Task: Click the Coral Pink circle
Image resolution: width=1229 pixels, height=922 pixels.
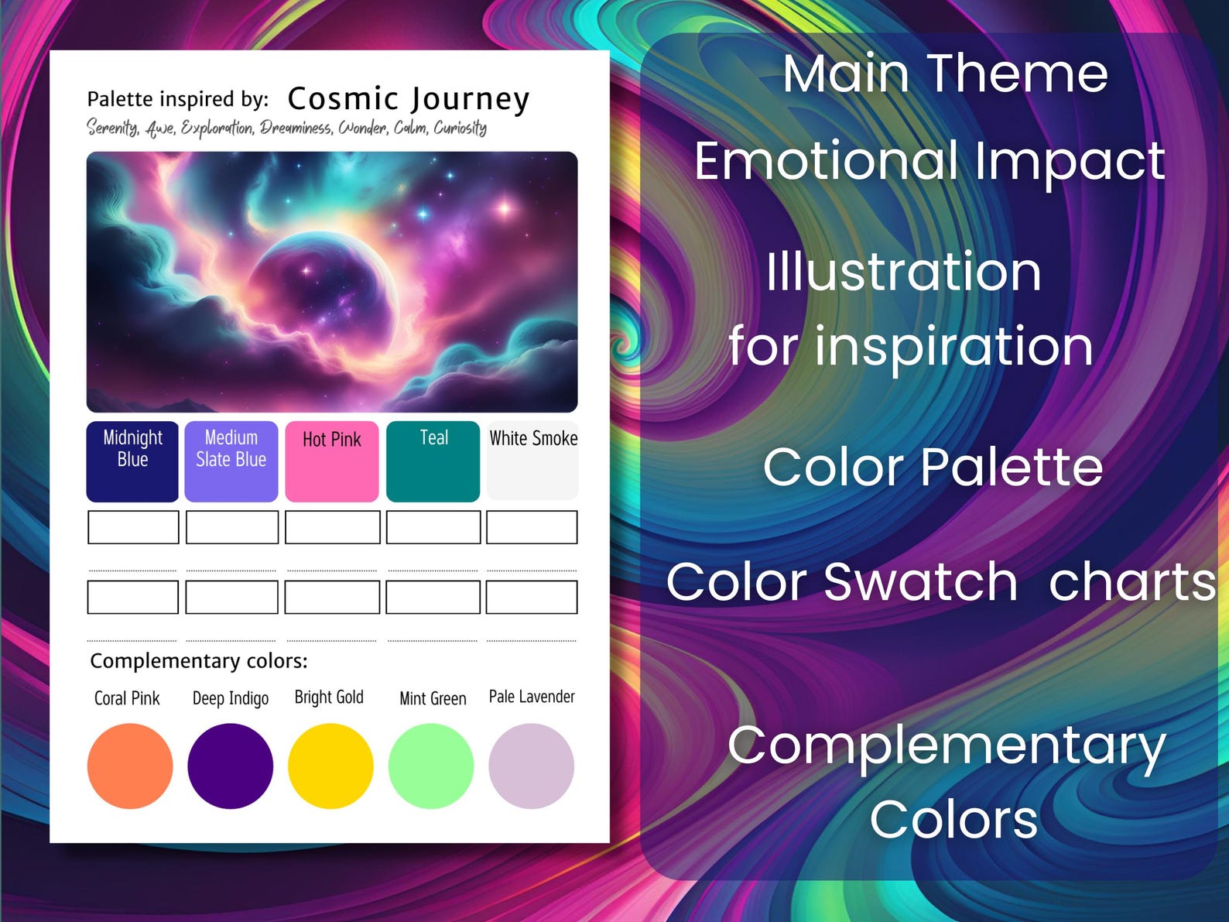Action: [130, 766]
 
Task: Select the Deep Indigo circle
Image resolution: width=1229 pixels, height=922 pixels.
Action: [230, 766]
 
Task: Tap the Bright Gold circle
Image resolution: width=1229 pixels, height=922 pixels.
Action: [330, 766]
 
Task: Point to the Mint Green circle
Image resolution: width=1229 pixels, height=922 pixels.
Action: [431, 766]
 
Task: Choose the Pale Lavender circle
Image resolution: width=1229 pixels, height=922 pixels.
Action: [532, 766]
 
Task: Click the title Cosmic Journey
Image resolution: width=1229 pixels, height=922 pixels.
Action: [408, 99]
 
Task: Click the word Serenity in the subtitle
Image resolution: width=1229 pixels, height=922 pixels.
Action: [112, 128]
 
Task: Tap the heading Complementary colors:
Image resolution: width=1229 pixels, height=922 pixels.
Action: [199, 660]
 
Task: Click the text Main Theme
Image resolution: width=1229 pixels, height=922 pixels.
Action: [945, 74]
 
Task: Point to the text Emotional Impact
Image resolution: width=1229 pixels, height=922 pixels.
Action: [929, 161]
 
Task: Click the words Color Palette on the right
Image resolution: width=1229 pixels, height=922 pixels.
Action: [933, 467]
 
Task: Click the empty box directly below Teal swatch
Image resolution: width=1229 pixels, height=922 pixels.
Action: [433, 526]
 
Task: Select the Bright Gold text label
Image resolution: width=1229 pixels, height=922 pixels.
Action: [329, 697]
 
